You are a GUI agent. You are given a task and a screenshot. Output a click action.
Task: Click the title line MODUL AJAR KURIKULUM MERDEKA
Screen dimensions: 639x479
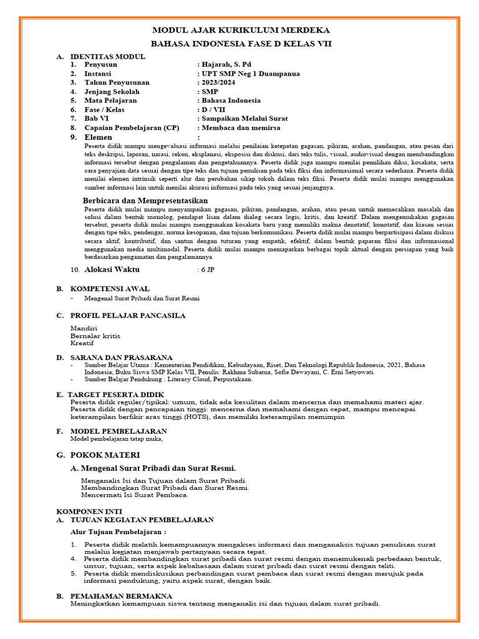[x=241, y=31]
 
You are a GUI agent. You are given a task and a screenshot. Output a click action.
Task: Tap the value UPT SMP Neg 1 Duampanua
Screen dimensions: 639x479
[x=249, y=74]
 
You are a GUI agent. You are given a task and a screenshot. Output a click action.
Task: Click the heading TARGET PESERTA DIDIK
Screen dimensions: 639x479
[x=120, y=395]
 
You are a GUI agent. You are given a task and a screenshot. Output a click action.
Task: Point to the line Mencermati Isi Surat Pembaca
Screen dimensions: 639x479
[x=134, y=495]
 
